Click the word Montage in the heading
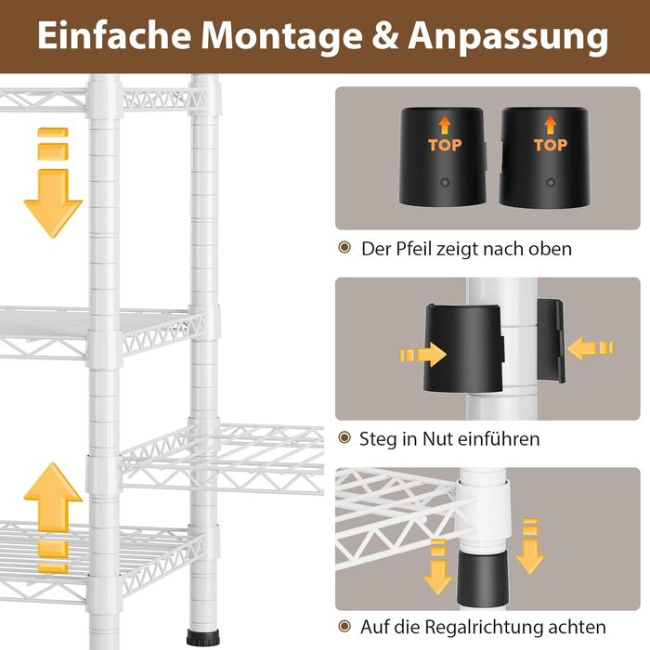pyautogui.click(x=282, y=36)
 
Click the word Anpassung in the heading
pyautogui.click(x=508, y=36)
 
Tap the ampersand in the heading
pyautogui.click(x=384, y=35)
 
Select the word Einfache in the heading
pyautogui.click(x=113, y=34)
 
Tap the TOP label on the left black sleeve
pyautogui.click(x=445, y=145)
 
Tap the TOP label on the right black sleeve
pyautogui.click(x=550, y=145)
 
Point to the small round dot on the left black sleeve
pyautogui.click(x=445, y=182)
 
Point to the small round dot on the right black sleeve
pyautogui.click(x=551, y=182)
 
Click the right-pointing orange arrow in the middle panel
pyautogui.click(x=422, y=355)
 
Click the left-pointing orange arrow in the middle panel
pyautogui.click(x=591, y=347)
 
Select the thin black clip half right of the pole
pyautogui.click(x=551, y=341)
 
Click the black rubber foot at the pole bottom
pyautogui.click(x=203, y=636)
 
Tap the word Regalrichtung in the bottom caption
pyautogui.click(x=484, y=627)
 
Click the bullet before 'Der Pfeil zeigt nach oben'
pyautogui.click(x=344, y=248)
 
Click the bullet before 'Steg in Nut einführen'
pyautogui.click(x=344, y=437)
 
